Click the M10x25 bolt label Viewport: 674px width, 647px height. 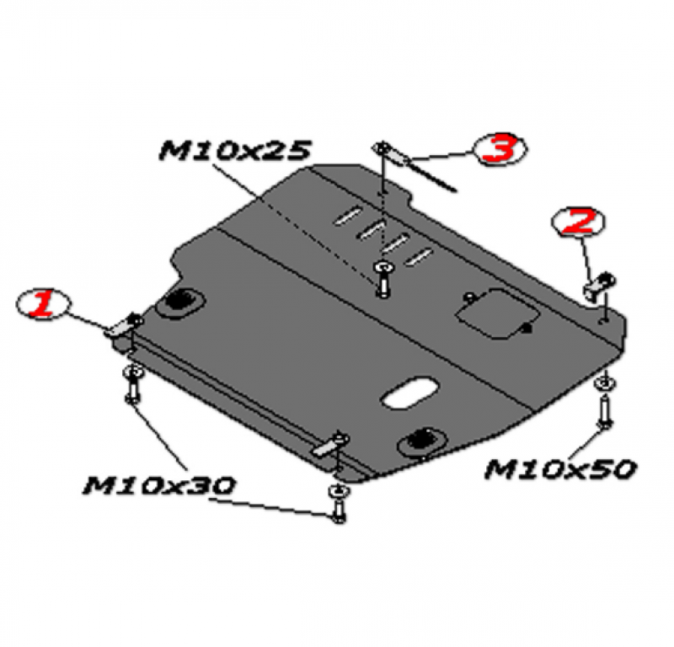point(235,151)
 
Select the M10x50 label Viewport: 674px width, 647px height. point(560,469)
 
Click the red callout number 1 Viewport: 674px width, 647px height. point(43,303)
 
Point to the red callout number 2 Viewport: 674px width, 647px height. point(579,222)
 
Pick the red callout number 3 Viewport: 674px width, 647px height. point(499,149)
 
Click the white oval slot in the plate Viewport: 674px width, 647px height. point(409,393)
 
